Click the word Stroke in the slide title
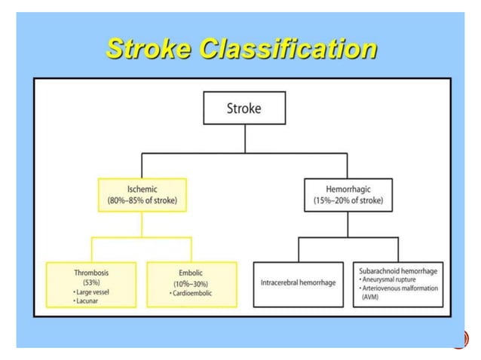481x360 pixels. click(148, 49)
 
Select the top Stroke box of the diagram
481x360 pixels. click(244, 108)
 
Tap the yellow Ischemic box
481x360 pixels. click(142, 194)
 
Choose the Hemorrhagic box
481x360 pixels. click(348, 194)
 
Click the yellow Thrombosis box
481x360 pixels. click(92, 284)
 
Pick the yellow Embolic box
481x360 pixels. click(191, 284)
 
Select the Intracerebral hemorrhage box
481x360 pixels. click(298, 284)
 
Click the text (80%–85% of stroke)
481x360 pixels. click(142, 201)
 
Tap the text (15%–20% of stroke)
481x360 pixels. click(348, 201)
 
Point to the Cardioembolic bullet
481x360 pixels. click(191, 292)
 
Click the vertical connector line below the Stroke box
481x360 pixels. click(244, 139)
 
